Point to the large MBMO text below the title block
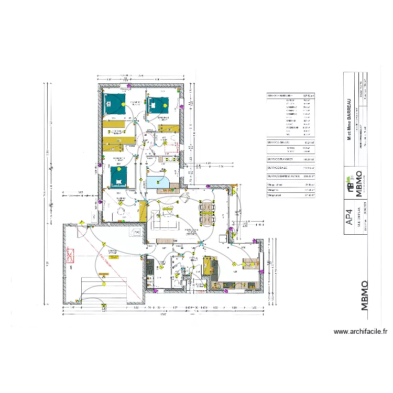pyautogui.click(x=365, y=296)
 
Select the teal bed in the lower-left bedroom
pyautogui.click(x=119, y=177)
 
